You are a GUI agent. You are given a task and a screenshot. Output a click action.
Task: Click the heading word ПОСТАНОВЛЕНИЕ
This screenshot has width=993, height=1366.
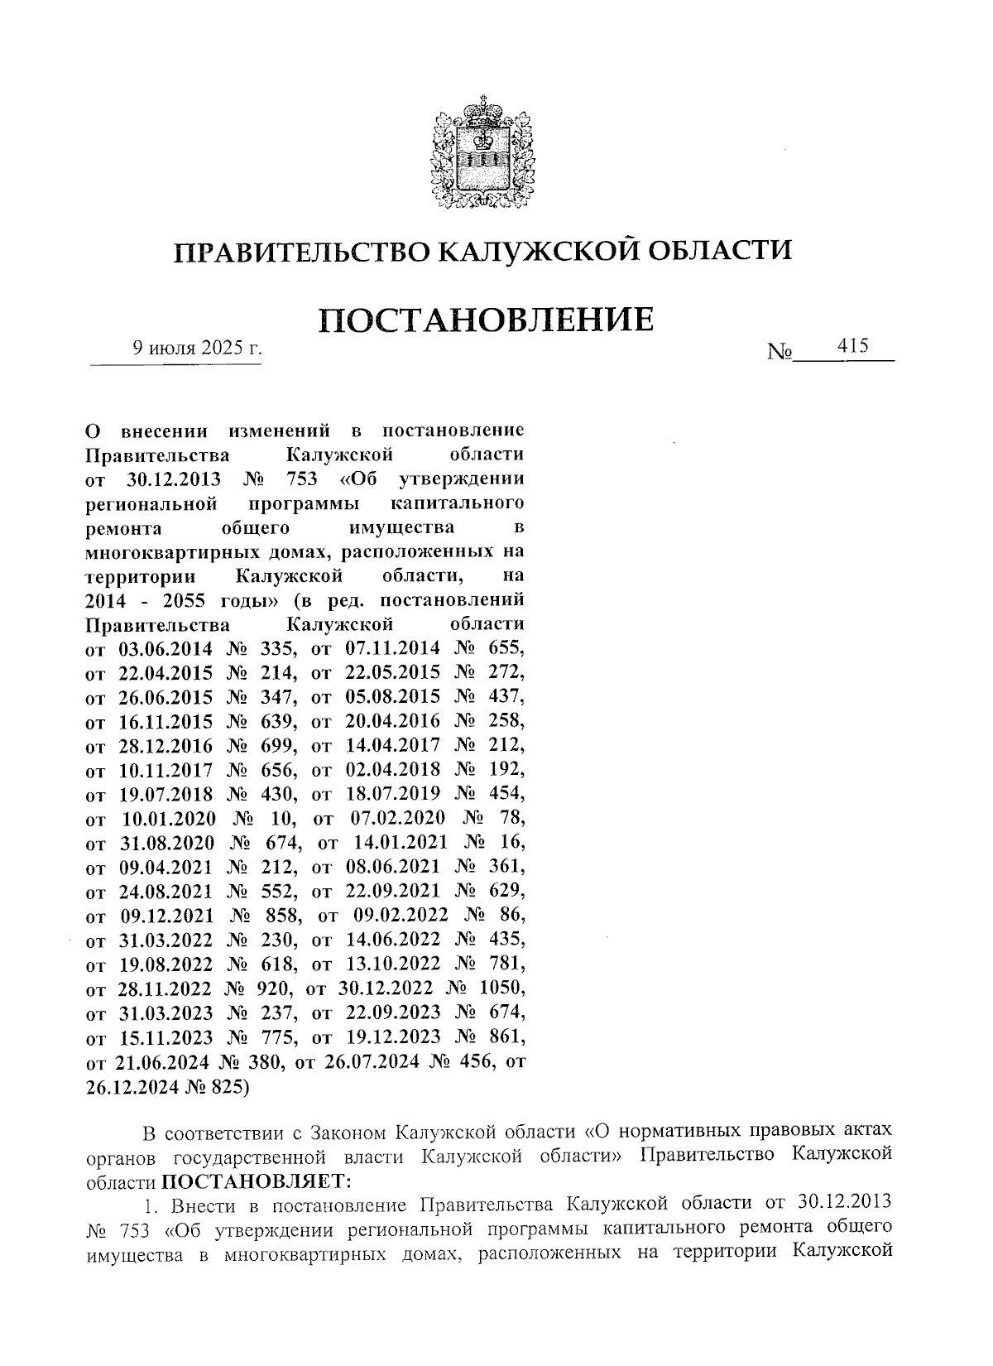(x=486, y=320)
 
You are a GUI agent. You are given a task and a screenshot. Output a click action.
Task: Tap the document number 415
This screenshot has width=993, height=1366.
(x=851, y=346)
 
